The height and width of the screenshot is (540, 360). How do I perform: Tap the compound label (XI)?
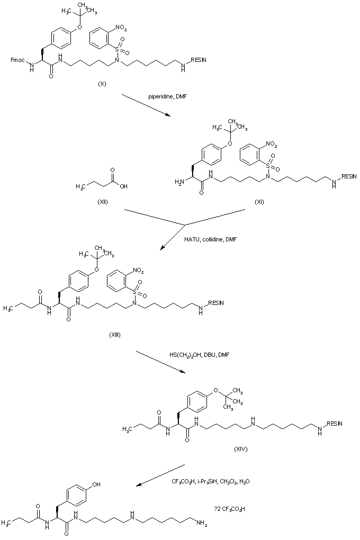(x=259, y=202)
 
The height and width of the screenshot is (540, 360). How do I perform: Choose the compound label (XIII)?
(x=114, y=334)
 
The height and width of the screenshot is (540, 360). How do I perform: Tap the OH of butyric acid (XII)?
(x=123, y=186)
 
